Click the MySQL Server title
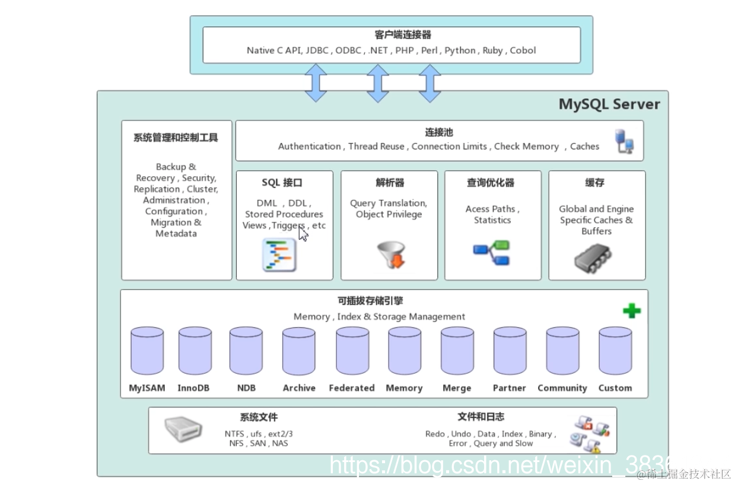coord(609,104)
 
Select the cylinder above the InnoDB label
coord(195,351)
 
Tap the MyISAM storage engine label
coord(147,388)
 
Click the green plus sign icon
coord(632,310)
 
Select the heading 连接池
coord(439,132)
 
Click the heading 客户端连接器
coord(391,35)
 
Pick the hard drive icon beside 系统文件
coord(183,428)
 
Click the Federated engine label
coord(352,388)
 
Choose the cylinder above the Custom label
coord(615,351)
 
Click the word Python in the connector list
coord(460,50)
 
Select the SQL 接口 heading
coord(282,183)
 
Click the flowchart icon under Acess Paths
coord(492,253)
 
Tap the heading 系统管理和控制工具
coord(176,138)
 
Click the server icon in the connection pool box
coord(625,141)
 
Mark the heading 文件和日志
coord(481,416)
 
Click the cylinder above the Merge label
coord(457,351)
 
